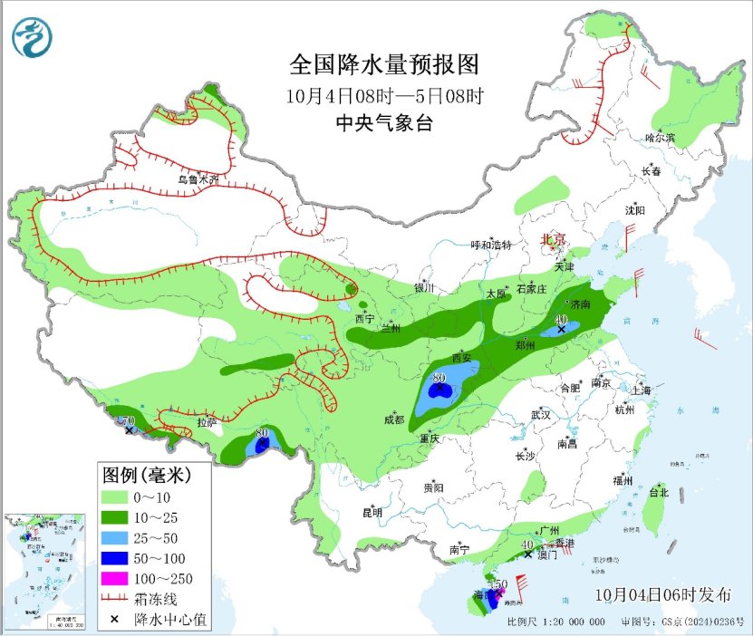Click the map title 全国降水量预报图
point(383,65)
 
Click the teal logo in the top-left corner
point(33,37)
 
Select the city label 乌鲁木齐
point(198,179)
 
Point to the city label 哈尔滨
point(660,138)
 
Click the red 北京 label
point(553,239)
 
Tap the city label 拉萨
point(207,421)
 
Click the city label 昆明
point(372,512)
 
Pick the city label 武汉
point(541,414)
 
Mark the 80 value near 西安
point(440,378)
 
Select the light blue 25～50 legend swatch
point(114,538)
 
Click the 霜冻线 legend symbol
point(114,599)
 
